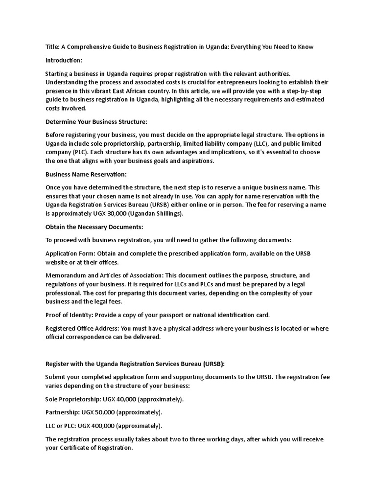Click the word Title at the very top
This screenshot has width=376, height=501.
coord(52,47)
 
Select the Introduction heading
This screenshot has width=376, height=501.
coord(64,60)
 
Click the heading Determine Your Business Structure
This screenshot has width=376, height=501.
coord(96,121)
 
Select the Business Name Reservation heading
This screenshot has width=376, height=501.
coord(86,174)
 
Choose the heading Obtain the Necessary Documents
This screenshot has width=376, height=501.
coord(94,227)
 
